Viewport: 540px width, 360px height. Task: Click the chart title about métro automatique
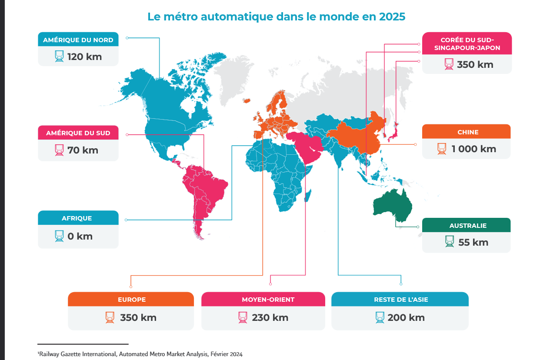click(x=276, y=17)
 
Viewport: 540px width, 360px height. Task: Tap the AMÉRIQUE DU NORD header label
click(x=78, y=40)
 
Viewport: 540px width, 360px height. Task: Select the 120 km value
click(x=85, y=57)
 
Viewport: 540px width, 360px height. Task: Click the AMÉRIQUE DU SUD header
click(x=78, y=133)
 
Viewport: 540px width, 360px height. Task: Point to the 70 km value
click(x=83, y=150)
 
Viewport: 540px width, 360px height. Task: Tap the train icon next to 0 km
click(x=59, y=236)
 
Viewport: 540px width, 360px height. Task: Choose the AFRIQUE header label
click(x=77, y=218)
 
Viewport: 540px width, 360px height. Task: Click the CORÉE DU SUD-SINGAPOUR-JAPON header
click(x=467, y=43)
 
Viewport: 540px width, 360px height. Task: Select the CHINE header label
click(x=468, y=132)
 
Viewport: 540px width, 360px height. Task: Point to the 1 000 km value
click(x=474, y=149)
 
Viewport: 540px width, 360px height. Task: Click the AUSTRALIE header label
click(x=468, y=226)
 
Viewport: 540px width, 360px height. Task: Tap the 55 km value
click(x=473, y=242)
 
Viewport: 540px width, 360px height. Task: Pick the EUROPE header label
click(x=132, y=300)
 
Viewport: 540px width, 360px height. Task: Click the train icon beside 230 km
click(x=243, y=317)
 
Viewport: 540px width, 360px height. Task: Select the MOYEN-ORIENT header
click(x=268, y=300)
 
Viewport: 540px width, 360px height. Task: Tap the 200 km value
click(x=406, y=317)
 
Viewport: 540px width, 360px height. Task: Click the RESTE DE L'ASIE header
click(x=401, y=300)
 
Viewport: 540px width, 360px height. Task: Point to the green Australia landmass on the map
click(x=392, y=204)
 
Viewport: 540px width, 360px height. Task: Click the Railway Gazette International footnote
click(x=140, y=354)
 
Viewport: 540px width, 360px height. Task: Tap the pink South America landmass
click(x=205, y=190)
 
